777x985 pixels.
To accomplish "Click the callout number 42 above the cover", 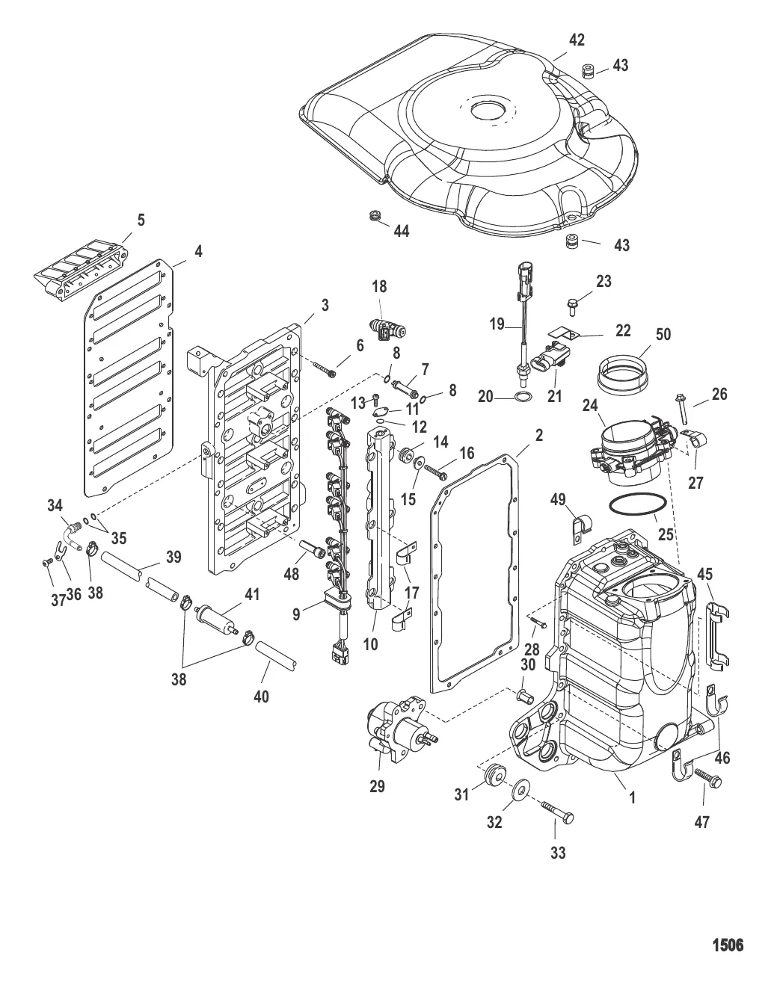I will [x=577, y=40].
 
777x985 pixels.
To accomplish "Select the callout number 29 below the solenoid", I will [x=378, y=786].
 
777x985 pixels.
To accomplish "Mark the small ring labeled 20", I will [x=525, y=396].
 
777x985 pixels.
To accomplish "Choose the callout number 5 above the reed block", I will [x=141, y=220].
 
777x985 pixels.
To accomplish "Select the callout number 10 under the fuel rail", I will [x=370, y=643].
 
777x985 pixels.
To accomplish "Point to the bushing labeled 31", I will [x=493, y=774].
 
